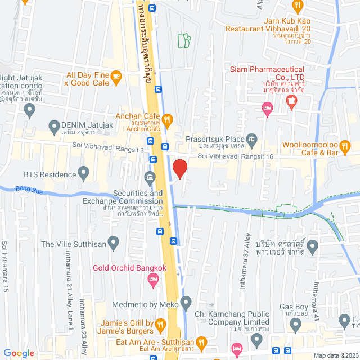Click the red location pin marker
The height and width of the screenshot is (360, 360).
tap(179, 168)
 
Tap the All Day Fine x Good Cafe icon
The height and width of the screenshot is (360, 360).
tap(116, 76)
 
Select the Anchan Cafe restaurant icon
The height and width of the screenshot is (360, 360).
tap(167, 119)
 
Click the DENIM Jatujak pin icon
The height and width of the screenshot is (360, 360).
tap(55, 125)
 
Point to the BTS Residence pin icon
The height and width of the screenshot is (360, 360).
tap(84, 172)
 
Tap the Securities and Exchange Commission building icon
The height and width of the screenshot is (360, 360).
tap(150, 178)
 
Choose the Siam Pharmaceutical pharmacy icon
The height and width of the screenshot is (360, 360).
tap(291, 101)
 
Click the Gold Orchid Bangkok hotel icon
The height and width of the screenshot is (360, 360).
tap(152, 278)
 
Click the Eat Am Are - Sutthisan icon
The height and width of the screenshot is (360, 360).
tap(202, 341)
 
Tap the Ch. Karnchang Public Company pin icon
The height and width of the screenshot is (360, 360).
tap(256, 339)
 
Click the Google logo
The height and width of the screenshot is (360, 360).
tap(19, 353)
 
